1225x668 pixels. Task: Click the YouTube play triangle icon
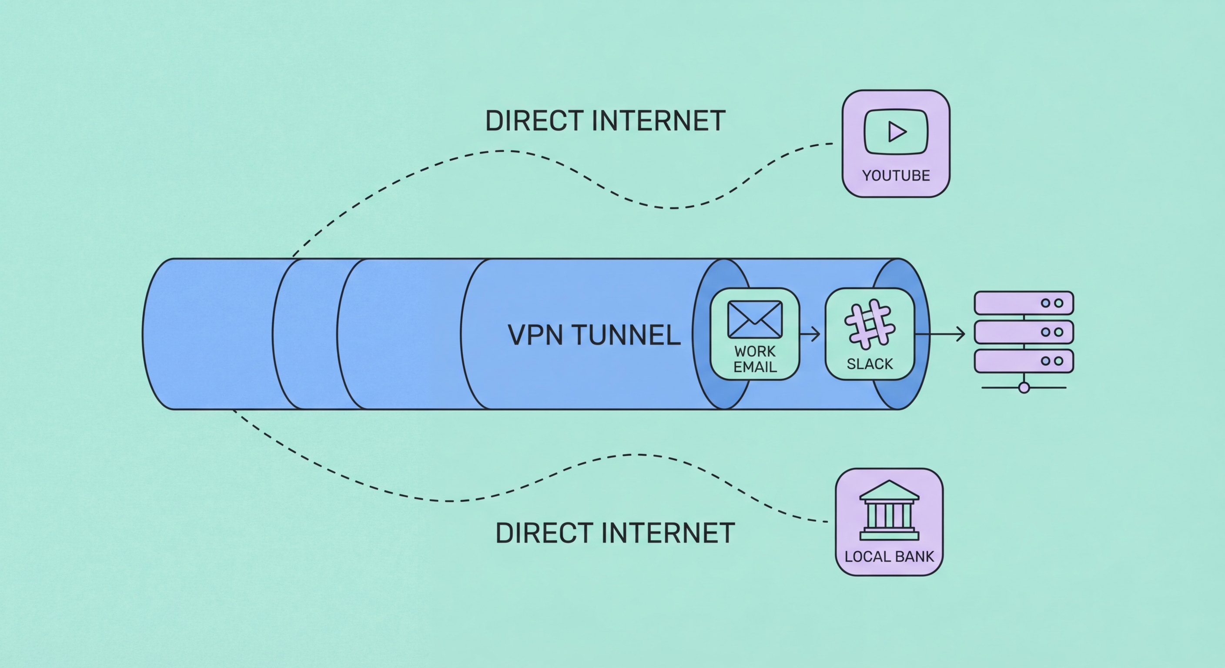coord(897,132)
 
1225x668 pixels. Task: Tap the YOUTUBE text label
coord(896,175)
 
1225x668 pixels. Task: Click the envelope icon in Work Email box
coord(755,319)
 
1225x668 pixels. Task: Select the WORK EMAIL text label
coord(755,359)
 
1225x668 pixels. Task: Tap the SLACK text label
coord(870,364)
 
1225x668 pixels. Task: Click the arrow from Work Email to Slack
coord(810,334)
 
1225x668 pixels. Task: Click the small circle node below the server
coord(1024,388)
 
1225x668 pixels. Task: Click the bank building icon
coord(889,511)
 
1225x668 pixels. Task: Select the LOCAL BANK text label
coord(889,556)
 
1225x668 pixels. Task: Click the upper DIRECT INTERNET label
coord(605,121)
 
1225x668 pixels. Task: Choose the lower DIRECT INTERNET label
coord(615,533)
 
